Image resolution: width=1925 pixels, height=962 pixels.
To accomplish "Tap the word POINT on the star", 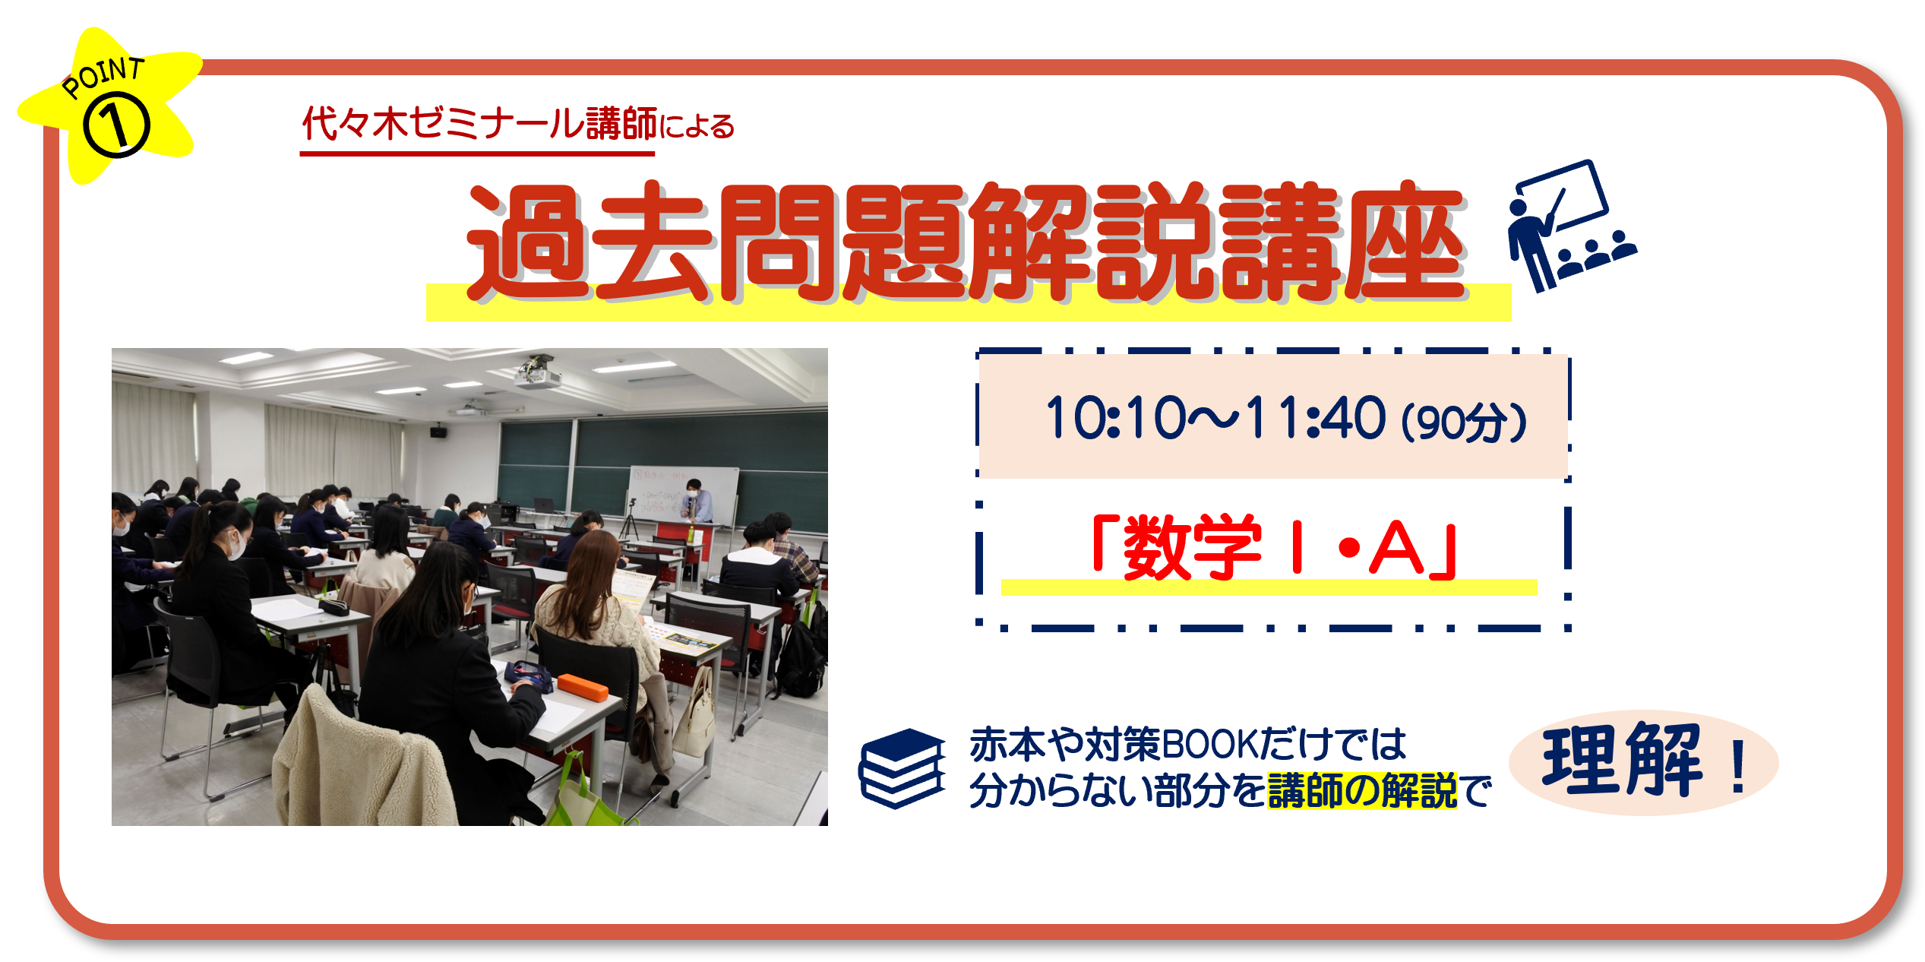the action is click(x=103, y=78).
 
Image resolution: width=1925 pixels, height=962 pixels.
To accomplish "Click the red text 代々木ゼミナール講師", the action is click(x=479, y=124).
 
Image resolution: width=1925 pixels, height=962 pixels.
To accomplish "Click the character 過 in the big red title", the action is click(x=527, y=242).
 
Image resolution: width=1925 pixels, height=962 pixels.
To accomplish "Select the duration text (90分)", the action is click(x=1463, y=422).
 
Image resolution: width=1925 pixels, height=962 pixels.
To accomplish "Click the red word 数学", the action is click(x=1192, y=547).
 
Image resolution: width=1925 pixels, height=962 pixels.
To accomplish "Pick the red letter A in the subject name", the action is click(x=1396, y=548).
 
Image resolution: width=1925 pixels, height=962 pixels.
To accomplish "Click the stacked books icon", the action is click(x=902, y=768).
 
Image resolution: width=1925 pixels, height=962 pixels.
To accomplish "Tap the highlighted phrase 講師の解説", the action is click(x=1362, y=791).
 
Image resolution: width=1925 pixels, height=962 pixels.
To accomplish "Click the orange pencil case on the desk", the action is click(x=583, y=687).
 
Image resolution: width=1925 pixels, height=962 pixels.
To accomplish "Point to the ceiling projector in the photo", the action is click(x=538, y=372).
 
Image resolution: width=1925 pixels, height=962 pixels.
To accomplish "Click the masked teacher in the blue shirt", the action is click(x=697, y=501).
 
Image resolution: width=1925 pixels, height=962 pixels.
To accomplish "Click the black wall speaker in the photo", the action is click(x=439, y=432).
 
